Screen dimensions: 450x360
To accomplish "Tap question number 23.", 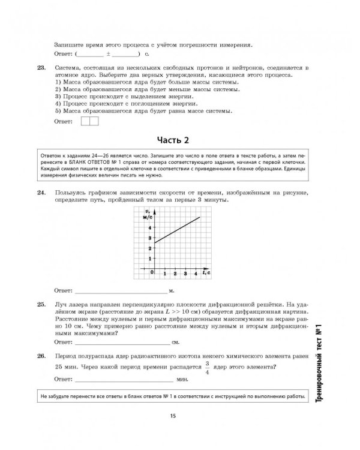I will pos(41,68).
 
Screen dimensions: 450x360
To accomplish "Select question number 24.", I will pos(41,193).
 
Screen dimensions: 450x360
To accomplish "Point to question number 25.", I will pos(41,305).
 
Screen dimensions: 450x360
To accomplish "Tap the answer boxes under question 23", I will pos(88,122).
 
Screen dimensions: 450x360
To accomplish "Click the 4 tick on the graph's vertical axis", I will pos(149,227).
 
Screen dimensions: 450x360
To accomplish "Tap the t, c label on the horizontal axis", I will pos(205,272).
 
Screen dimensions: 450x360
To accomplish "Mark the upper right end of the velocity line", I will pos(199,217).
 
